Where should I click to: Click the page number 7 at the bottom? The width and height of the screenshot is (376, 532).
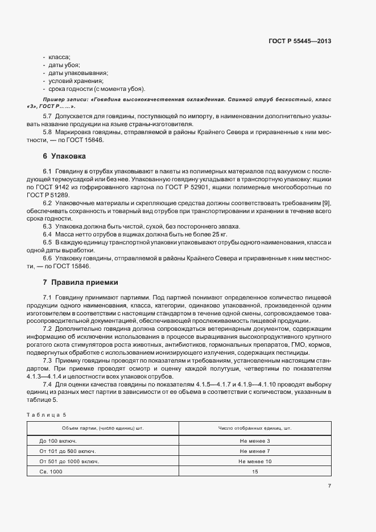tap(329, 485)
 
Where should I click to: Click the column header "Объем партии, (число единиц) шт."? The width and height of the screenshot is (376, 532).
tap(103, 427)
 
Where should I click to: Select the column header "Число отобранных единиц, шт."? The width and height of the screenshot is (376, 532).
tap(255, 427)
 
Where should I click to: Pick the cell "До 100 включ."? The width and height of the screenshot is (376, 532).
tap(58, 440)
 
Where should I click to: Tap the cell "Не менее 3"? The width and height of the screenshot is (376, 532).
tap(255, 440)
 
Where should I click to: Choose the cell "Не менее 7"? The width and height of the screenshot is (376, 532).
tap(255, 451)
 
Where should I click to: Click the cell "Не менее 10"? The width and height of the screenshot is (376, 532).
tap(255, 461)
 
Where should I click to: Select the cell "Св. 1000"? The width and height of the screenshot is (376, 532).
tap(51, 471)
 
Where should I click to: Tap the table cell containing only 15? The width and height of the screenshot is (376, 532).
tap(255, 471)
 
